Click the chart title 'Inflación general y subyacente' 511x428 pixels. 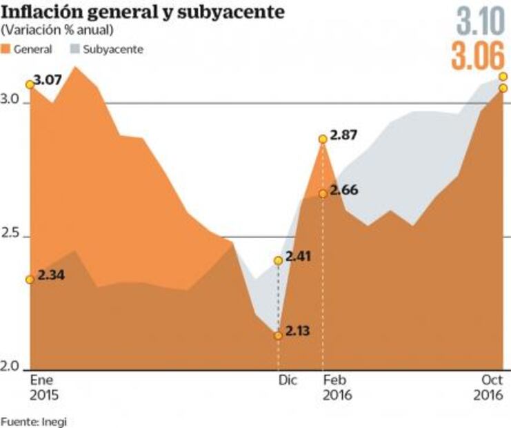pyautogui.click(x=143, y=13)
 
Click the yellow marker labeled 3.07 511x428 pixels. pyautogui.click(x=30, y=84)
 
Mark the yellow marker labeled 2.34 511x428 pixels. pyautogui.click(x=30, y=280)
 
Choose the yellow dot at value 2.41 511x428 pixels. pyautogui.click(x=278, y=261)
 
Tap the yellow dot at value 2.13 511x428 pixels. pyautogui.click(x=278, y=335)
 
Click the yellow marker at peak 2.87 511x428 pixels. pyautogui.click(x=322, y=139)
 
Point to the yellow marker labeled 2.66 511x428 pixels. pyautogui.click(x=322, y=193)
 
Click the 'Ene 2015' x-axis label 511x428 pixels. pyautogui.click(x=43, y=388)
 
